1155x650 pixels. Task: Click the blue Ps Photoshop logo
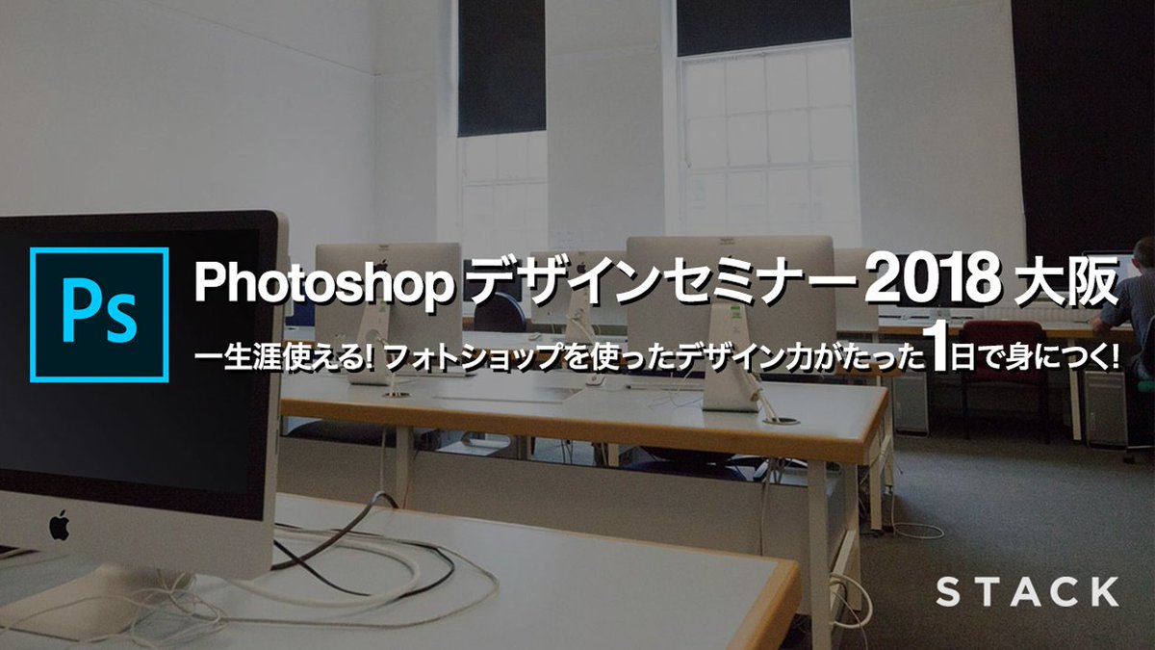coord(99,315)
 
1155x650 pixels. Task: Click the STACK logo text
coord(1028,591)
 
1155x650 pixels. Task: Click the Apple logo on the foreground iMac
coord(60,526)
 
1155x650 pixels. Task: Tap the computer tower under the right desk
coord(1105,414)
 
